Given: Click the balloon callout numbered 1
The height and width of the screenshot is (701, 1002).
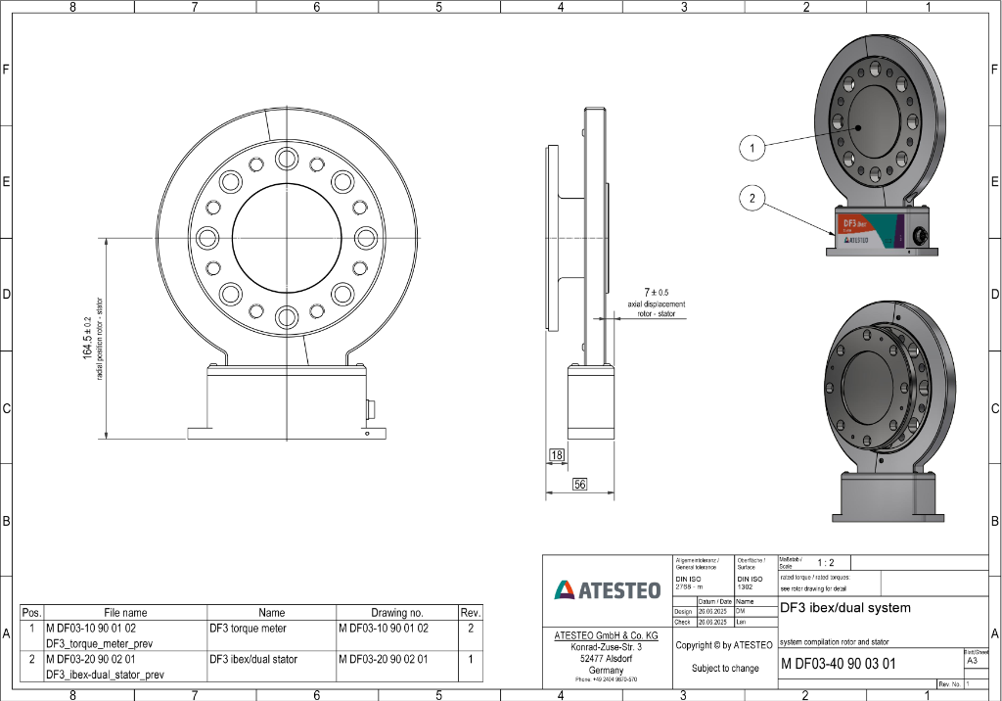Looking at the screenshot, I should (x=751, y=148).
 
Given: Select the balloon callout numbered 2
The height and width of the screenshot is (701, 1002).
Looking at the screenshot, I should (x=751, y=199).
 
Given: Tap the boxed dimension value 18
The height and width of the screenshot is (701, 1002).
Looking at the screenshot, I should (x=557, y=455).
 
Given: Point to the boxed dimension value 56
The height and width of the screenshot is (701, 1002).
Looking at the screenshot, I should (x=579, y=485).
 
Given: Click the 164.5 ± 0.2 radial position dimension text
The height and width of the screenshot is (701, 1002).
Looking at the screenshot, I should (x=88, y=338).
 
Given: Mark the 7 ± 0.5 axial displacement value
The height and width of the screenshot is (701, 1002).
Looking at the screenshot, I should (x=656, y=292).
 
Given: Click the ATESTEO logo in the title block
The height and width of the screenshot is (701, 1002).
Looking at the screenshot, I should (x=607, y=589).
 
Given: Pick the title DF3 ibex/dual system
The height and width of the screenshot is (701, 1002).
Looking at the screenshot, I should (x=844, y=607).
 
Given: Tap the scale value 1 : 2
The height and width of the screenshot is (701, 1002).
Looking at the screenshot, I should (x=825, y=563).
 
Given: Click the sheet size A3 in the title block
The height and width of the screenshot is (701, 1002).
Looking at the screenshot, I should (x=971, y=661).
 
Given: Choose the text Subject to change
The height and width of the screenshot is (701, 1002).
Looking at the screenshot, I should (x=724, y=669).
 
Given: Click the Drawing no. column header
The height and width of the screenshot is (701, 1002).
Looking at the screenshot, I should (x=396, y=612).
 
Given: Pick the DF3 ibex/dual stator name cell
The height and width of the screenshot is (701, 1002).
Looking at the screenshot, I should (x=253, y=659).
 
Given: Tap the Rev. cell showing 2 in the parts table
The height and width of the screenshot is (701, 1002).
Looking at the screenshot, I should (x=471, y=628).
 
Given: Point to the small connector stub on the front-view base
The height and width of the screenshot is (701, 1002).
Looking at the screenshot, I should (x=371, y=408).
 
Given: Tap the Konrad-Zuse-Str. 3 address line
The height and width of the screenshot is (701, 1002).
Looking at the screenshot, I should (x=607, y=647).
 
